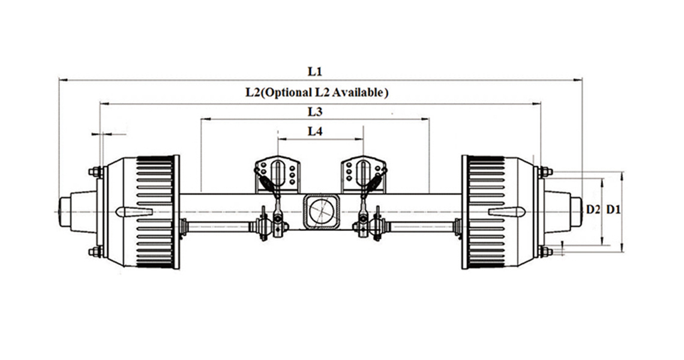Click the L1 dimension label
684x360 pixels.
(316, 71)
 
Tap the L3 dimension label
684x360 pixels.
(316, 112)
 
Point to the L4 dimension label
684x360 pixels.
(316, 131)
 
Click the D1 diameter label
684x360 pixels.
(613, 209)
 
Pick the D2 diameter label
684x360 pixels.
(593, 209)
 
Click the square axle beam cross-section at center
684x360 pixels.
(321, 211)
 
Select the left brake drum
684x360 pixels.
(144, 211)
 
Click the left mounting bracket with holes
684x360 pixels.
(277, 172)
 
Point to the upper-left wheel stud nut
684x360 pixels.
(96, 172)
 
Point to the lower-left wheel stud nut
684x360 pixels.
(96, 251)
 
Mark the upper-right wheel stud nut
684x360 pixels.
(545, 172)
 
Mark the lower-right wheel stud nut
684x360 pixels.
(545, 251)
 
